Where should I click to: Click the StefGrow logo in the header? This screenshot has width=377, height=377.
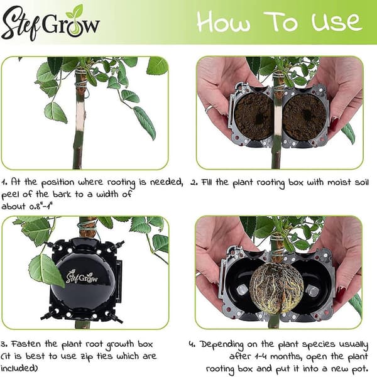50,23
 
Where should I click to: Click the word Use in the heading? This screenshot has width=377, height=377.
337,21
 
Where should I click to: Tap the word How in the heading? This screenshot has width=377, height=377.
223,21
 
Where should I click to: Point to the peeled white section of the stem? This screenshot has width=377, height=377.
80,115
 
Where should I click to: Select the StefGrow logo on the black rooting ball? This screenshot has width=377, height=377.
82,277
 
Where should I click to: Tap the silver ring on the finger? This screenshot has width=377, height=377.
209,109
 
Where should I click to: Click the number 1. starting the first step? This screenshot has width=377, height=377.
4,182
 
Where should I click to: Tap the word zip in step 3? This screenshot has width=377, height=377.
86,357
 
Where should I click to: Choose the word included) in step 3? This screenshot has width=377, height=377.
19,368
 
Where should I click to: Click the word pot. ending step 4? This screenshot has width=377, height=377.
359,369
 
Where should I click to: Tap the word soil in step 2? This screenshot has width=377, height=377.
362,182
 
